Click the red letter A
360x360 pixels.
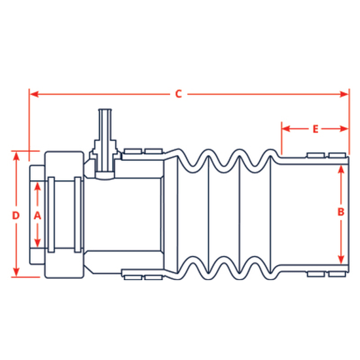click(37, 215)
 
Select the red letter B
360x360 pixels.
click(340, 211)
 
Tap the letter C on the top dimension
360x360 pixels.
click(178, 94)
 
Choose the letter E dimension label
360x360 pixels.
click(315, 130)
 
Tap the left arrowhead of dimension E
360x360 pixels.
click(285, 130)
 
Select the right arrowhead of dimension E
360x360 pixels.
click(346, 130)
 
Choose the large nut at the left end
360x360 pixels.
click(63, 215)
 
